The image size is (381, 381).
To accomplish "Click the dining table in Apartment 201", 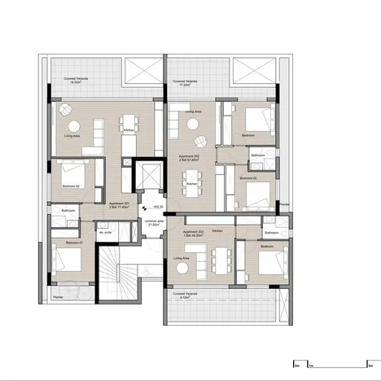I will [x=128, y=125].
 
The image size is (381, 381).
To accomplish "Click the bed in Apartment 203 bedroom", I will [x=264, y=263].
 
